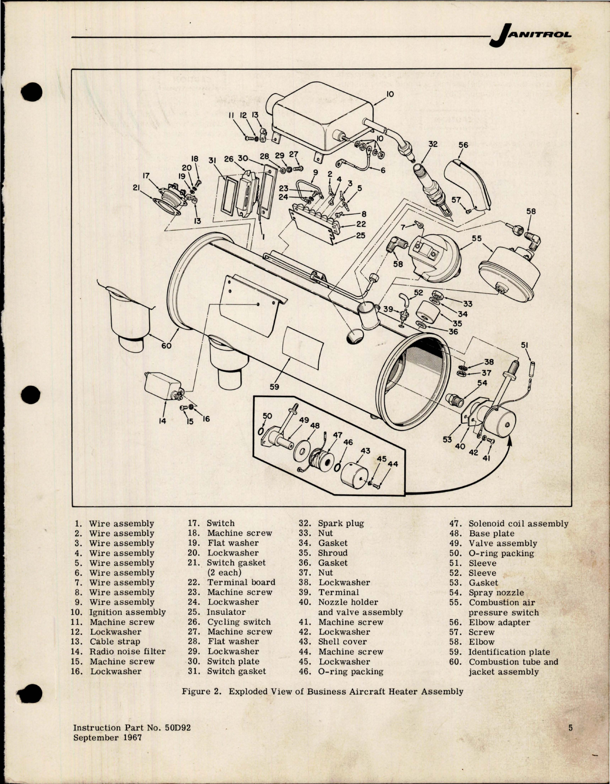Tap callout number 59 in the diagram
coord(274,387)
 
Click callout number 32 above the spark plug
coord(432,143)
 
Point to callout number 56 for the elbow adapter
coord(463,145)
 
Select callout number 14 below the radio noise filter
coord(162,421)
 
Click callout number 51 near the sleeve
coord(524,345)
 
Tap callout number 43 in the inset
coord(365,450)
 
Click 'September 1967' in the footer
coord(107,737)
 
